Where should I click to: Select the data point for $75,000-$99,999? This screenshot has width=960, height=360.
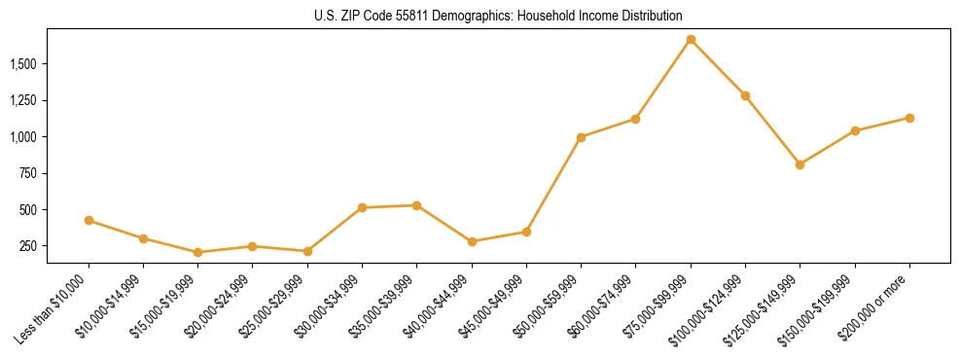coord(691,40)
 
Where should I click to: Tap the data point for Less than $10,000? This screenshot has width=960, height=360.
coord(89,221)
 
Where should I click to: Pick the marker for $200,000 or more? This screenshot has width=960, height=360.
coord(909,118)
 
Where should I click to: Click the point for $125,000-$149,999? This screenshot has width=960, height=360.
coord(800,164)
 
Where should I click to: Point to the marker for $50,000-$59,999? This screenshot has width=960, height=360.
coord(581,137)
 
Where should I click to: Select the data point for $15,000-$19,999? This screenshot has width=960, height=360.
coord(198,252)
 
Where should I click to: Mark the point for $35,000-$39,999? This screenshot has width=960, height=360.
coord(416,205)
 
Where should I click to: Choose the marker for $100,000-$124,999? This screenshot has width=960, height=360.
coord(745,95)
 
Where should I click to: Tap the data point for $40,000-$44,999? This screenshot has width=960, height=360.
coord(472,241)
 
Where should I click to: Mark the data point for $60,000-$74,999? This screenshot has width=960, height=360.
coord(635,119)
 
